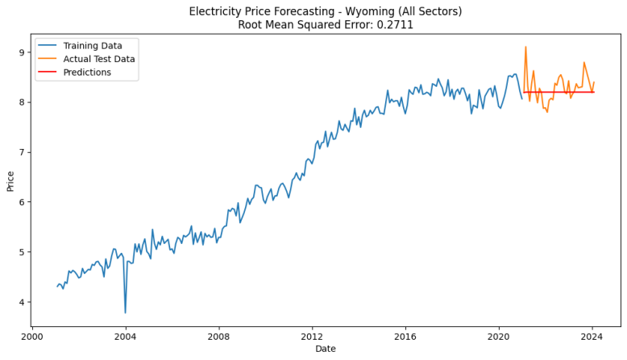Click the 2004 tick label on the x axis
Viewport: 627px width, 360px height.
[125, 337]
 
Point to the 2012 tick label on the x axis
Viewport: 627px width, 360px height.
[312, 337]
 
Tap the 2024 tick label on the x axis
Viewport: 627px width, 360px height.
[592, 337]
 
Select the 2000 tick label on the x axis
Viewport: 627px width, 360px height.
[32, 337]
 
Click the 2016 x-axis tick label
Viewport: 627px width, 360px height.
[405, 337]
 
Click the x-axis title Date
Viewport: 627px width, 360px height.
[326, 349]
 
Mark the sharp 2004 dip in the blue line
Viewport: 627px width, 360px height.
[125, 312]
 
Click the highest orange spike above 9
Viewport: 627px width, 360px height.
[525, 47]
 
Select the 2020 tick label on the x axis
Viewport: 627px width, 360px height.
[499, 337]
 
